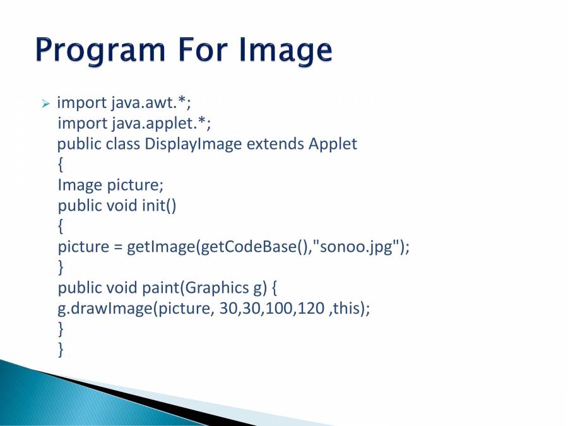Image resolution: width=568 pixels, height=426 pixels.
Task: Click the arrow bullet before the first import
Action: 45,103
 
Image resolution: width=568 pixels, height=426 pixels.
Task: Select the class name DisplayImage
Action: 193,144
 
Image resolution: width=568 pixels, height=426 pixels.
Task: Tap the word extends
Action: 275,144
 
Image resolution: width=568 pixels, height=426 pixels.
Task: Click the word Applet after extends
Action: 333,144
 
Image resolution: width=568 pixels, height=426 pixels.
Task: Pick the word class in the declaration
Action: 123,144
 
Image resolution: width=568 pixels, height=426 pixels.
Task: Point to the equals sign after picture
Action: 118,247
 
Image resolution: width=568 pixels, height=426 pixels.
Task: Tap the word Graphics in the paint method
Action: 215,288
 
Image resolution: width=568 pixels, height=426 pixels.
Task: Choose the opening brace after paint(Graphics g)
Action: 274,288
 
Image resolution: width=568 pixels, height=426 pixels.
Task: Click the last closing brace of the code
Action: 61,349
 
